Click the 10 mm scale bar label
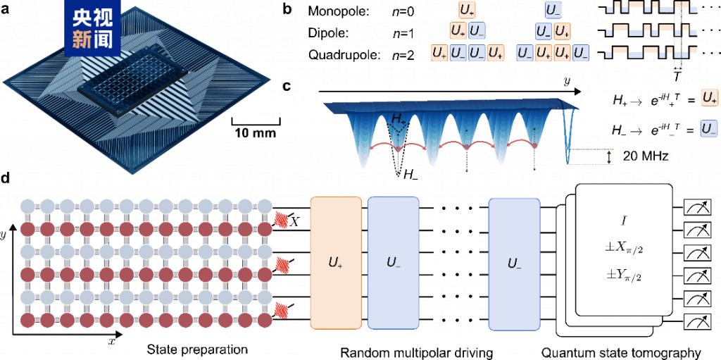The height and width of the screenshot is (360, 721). (255, 132)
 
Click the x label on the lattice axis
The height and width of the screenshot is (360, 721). (111, 341)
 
